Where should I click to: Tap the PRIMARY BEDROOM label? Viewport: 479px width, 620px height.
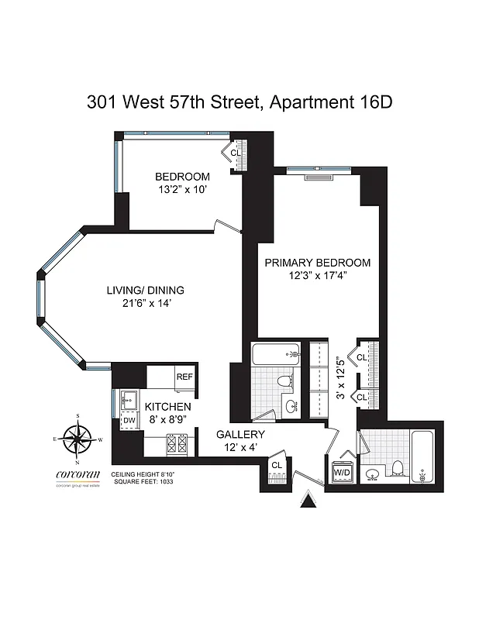[x=317, y=263]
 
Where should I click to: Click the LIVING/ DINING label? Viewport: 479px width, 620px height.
[x=146, y=291]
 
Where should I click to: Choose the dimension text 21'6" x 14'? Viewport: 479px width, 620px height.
[x=146, y=305]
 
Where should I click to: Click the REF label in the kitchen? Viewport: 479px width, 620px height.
[x=184, y=377]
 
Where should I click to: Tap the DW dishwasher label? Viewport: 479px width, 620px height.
[x=129, y=420]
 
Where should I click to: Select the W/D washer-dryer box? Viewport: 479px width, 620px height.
[x=342, y=471]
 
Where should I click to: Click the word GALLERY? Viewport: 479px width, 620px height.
[x=240, y=435]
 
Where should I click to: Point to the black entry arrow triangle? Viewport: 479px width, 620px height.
[x=309, y=505]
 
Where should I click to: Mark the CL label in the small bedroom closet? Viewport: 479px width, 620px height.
[x=236, y=153]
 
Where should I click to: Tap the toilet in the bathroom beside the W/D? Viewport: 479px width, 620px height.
[x=396, y=468]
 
